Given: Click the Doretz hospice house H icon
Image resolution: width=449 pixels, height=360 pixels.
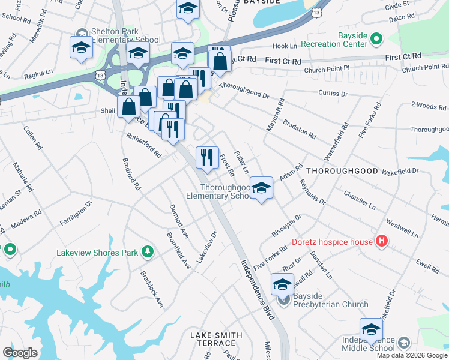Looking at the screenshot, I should (381, 242).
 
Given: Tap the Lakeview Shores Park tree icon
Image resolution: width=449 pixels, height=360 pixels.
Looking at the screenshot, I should (146, 253).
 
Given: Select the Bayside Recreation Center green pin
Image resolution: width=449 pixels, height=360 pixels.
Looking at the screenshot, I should (376, 40).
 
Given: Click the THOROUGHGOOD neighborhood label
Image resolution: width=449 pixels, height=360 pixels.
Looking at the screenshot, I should (342, 171).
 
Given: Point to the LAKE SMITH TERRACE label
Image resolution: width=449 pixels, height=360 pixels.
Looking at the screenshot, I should (216, 340).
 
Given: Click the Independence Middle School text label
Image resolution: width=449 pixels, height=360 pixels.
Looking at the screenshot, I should (368, 344).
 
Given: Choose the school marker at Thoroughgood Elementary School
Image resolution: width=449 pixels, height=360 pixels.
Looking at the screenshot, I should (261, 188).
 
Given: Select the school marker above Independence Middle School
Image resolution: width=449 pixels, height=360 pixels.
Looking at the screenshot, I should (371, 329).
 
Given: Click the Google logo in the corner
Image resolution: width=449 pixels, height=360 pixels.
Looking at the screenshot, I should (20, 352).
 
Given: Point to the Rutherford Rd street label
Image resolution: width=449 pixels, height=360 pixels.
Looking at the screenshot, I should (143, 145).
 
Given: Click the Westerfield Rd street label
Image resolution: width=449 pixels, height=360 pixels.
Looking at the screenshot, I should (336, 142).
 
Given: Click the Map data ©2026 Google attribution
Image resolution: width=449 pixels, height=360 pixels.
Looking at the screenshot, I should (412, 355).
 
